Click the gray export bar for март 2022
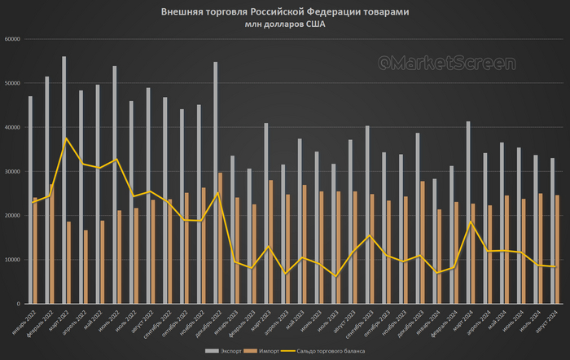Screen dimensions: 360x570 (64, 179)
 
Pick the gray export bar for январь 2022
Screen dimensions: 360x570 (31, 200)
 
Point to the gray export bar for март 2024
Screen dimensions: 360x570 (468, 212)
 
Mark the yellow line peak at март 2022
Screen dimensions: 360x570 (67, 138)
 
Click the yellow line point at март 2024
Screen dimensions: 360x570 (470, 222)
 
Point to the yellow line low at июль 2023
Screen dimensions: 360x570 (335, 277)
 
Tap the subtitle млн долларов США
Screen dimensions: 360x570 (284, 24)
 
